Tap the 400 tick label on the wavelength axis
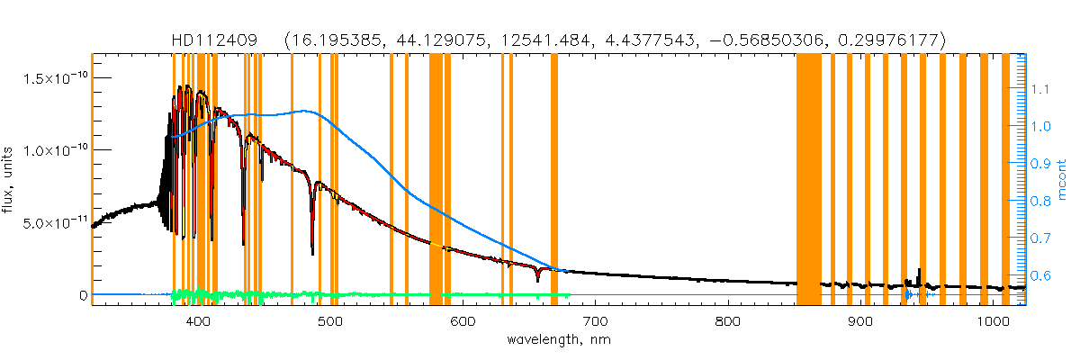coord(197,321)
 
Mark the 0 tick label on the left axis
coord(83,295)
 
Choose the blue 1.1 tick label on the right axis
coord(1040,89)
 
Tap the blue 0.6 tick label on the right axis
coord(1040,275)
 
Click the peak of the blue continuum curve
coord(306,111)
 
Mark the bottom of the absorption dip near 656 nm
coord(537,281)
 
